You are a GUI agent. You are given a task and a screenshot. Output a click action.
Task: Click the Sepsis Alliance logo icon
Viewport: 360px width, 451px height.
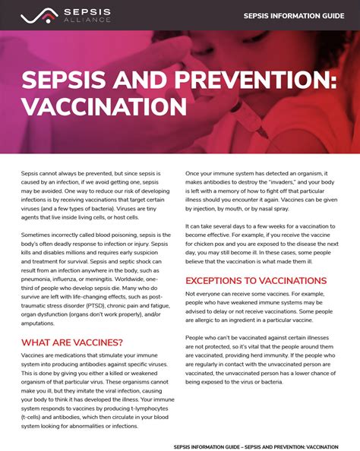[33, 15]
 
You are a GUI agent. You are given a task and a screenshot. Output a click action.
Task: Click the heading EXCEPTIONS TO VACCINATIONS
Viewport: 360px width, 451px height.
[256, 280]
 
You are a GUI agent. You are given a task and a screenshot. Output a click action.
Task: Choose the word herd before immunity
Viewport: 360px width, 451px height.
[285, 353]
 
